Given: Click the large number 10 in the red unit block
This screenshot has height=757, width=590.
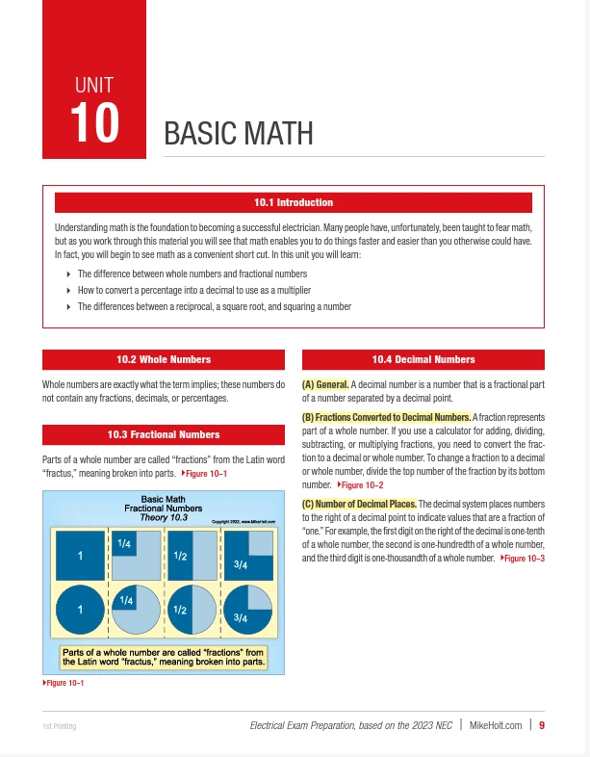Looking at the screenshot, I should click(x=94, y=123).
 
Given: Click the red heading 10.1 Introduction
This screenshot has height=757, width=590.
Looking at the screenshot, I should click(x=294, y=202).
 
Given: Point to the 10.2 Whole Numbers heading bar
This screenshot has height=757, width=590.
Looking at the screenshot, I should click(x=164, y=359).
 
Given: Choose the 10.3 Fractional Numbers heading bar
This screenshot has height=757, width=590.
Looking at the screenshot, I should click(x=164, y=434).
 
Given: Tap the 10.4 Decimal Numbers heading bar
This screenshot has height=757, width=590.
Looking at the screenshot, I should click(x=423, y=359).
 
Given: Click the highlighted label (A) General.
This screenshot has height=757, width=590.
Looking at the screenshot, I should click(x=325, y=385).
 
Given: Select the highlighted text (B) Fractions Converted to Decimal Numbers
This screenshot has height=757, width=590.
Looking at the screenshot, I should click(x=386, y=416).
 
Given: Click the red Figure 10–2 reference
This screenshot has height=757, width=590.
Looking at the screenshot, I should click(x=361, y=484).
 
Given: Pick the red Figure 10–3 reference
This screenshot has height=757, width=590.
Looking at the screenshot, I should click(x=524, y=559).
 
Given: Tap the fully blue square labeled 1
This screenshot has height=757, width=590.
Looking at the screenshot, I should click(x=81, y=555).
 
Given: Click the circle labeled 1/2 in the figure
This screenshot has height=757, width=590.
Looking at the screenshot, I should click(x=192, y=610).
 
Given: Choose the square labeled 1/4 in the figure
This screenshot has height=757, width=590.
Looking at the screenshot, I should click(x=136, y=555).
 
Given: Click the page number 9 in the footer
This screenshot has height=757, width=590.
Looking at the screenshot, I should click(x=543, y=725).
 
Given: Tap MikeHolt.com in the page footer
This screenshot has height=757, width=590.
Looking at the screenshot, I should click(x=496, y=725).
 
